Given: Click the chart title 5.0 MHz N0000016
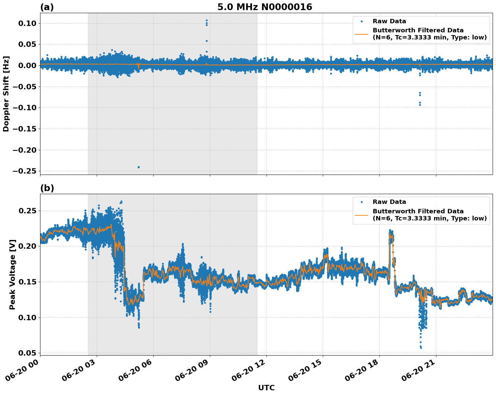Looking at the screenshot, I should [265, 7].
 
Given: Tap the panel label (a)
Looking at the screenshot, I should [47, 7].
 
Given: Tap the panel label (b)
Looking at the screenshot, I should [47, 188].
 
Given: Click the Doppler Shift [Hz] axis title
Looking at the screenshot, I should [6, 94].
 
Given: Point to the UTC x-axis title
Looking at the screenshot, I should [266, 388].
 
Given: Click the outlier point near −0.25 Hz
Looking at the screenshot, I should [138, 167].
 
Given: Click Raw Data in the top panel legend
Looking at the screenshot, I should [389, 21].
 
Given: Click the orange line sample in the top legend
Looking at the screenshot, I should [361, 34].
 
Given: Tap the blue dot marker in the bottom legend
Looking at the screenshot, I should [361, 202].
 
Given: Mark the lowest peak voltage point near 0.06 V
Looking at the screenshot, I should [421, 347].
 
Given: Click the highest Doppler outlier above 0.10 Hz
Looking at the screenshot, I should [207, 20].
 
